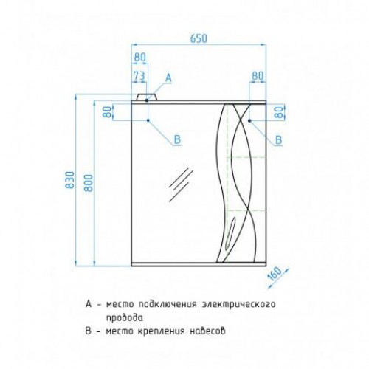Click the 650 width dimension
point(199,38)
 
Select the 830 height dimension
point(69,180)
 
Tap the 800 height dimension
point(89,183)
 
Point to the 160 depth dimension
point(275,274)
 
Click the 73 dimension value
point(139,76)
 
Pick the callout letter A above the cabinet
point(168,78)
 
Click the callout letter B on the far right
point(278,140)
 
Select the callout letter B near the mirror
point(177,139)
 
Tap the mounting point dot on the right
point(249,120)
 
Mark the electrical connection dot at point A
point(147,100)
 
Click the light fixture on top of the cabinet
point(147,97)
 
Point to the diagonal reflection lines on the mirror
point(181,184)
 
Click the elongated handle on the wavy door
point(230,232)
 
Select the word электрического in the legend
point(238,304)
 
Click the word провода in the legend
point(125,317)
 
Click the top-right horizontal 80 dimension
point(258,76)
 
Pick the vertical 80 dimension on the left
point(108,112)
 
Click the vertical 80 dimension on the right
point(280,112)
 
